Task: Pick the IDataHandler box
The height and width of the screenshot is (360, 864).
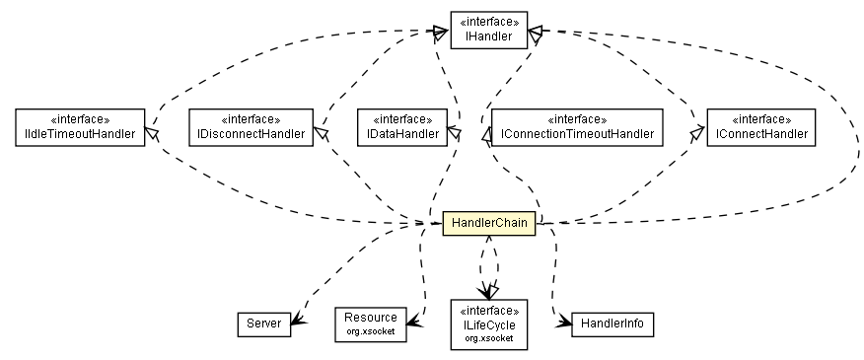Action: tap(397, 127)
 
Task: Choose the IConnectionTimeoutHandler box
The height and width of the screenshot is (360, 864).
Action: tap(577, 127)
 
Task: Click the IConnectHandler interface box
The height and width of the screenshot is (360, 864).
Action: tap(757, 127)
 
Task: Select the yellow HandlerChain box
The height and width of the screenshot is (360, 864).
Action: tap(488, 224)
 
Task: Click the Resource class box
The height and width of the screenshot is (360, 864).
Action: tap(370, 323)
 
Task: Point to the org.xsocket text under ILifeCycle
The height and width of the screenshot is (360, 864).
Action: tap(488, 337)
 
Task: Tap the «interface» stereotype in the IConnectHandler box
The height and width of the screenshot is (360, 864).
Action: tap(757, 119)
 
